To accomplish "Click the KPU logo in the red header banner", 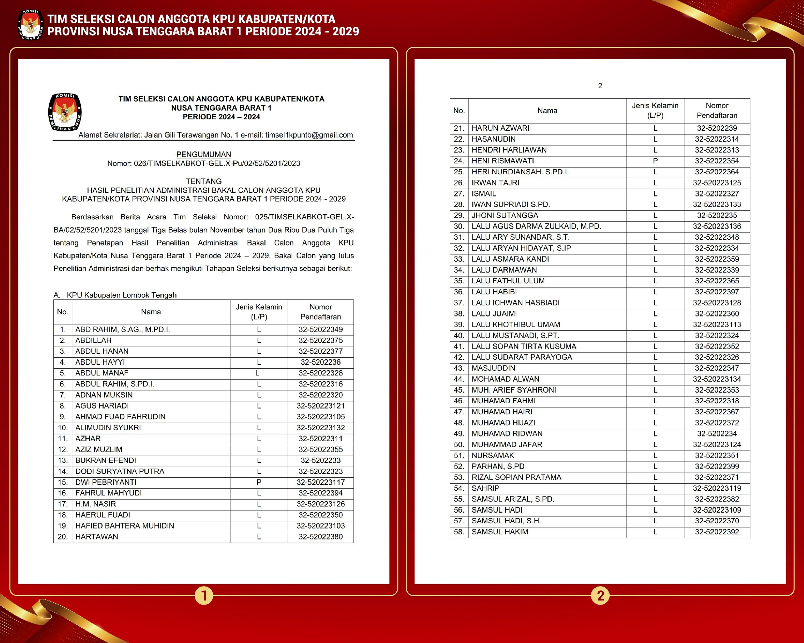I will pos(31,25).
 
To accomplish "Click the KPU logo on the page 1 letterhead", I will pos(65,112).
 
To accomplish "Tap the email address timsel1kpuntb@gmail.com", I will pos(309,135).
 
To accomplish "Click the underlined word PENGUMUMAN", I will pos(204,154).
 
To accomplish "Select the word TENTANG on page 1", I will pos(204,181).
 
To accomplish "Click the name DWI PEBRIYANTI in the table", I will pos(105,482).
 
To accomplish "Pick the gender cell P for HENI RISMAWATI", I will pos(655,161).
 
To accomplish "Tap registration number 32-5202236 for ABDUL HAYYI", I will pos(320,362).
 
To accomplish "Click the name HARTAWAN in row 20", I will pos(96,537).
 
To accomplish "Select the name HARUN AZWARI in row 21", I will pos(501,128).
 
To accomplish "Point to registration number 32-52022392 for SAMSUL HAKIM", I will pos(717,532).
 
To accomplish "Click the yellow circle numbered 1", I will pos(204,595).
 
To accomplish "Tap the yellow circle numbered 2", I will pos(600,595).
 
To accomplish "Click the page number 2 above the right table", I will pos(600,86).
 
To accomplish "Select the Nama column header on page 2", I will pos(547,110).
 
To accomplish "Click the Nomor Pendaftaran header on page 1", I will pos(320,311).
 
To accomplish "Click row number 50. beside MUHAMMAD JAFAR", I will pos(459,444).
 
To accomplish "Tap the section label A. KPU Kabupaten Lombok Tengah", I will pos(115,295).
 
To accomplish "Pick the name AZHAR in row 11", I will pos(88,438).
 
